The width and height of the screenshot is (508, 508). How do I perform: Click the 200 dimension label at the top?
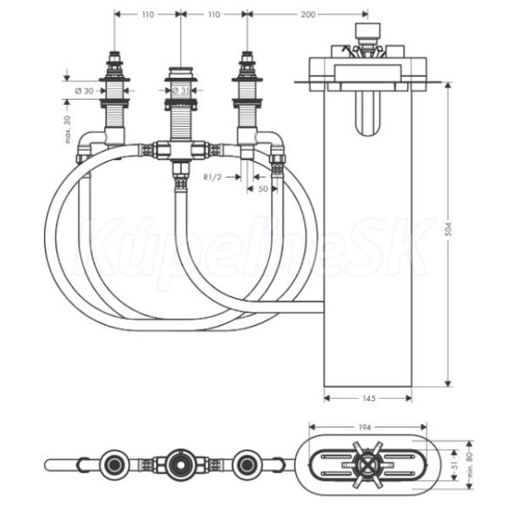[x=308, y=14]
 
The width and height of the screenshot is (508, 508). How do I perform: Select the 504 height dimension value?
[x=449, y=229]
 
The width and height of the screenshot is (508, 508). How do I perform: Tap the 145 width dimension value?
[x=368, y=398]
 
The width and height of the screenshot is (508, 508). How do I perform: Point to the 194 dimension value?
[x=364, y=428]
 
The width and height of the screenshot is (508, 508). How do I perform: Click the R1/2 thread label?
[x=213, y=177]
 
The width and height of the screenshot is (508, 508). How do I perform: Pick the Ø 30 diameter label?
[x=84, y=91]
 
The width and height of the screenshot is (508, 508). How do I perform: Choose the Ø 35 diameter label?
[x=181, y=91]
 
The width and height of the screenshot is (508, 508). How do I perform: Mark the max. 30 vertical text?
[x=67, y=130]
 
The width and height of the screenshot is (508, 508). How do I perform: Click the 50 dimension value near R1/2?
[x=263, y=189]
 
